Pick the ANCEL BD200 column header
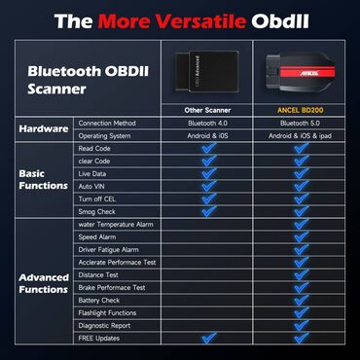point(301,109)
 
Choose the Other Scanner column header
point(206,109)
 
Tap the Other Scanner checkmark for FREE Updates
point(206,338)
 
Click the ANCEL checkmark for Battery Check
point(301,300)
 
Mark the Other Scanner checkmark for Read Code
point(206,147)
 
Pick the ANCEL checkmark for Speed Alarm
point(301,236)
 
